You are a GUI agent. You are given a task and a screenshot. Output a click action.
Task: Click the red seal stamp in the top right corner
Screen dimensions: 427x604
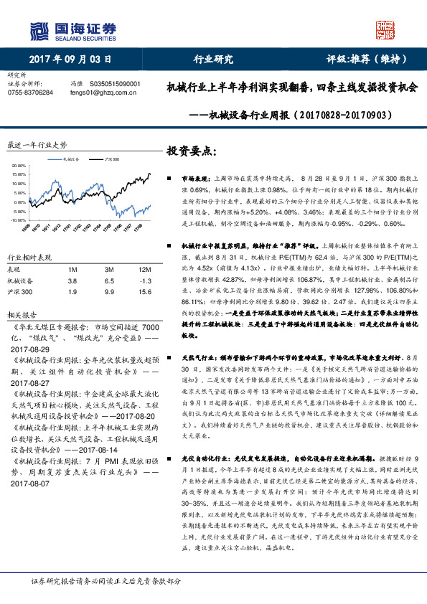(387, 28)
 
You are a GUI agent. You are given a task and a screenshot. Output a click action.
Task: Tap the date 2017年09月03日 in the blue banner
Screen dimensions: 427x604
(71, 60)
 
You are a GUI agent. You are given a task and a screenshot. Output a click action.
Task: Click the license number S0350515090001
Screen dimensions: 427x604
(116, 84)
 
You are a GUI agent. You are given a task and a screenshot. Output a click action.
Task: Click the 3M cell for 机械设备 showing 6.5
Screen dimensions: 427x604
(108, 280)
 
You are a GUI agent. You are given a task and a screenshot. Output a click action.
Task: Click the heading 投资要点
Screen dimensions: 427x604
(191, 151)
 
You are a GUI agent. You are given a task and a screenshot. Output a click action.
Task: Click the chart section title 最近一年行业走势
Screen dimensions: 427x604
(36, 144)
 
